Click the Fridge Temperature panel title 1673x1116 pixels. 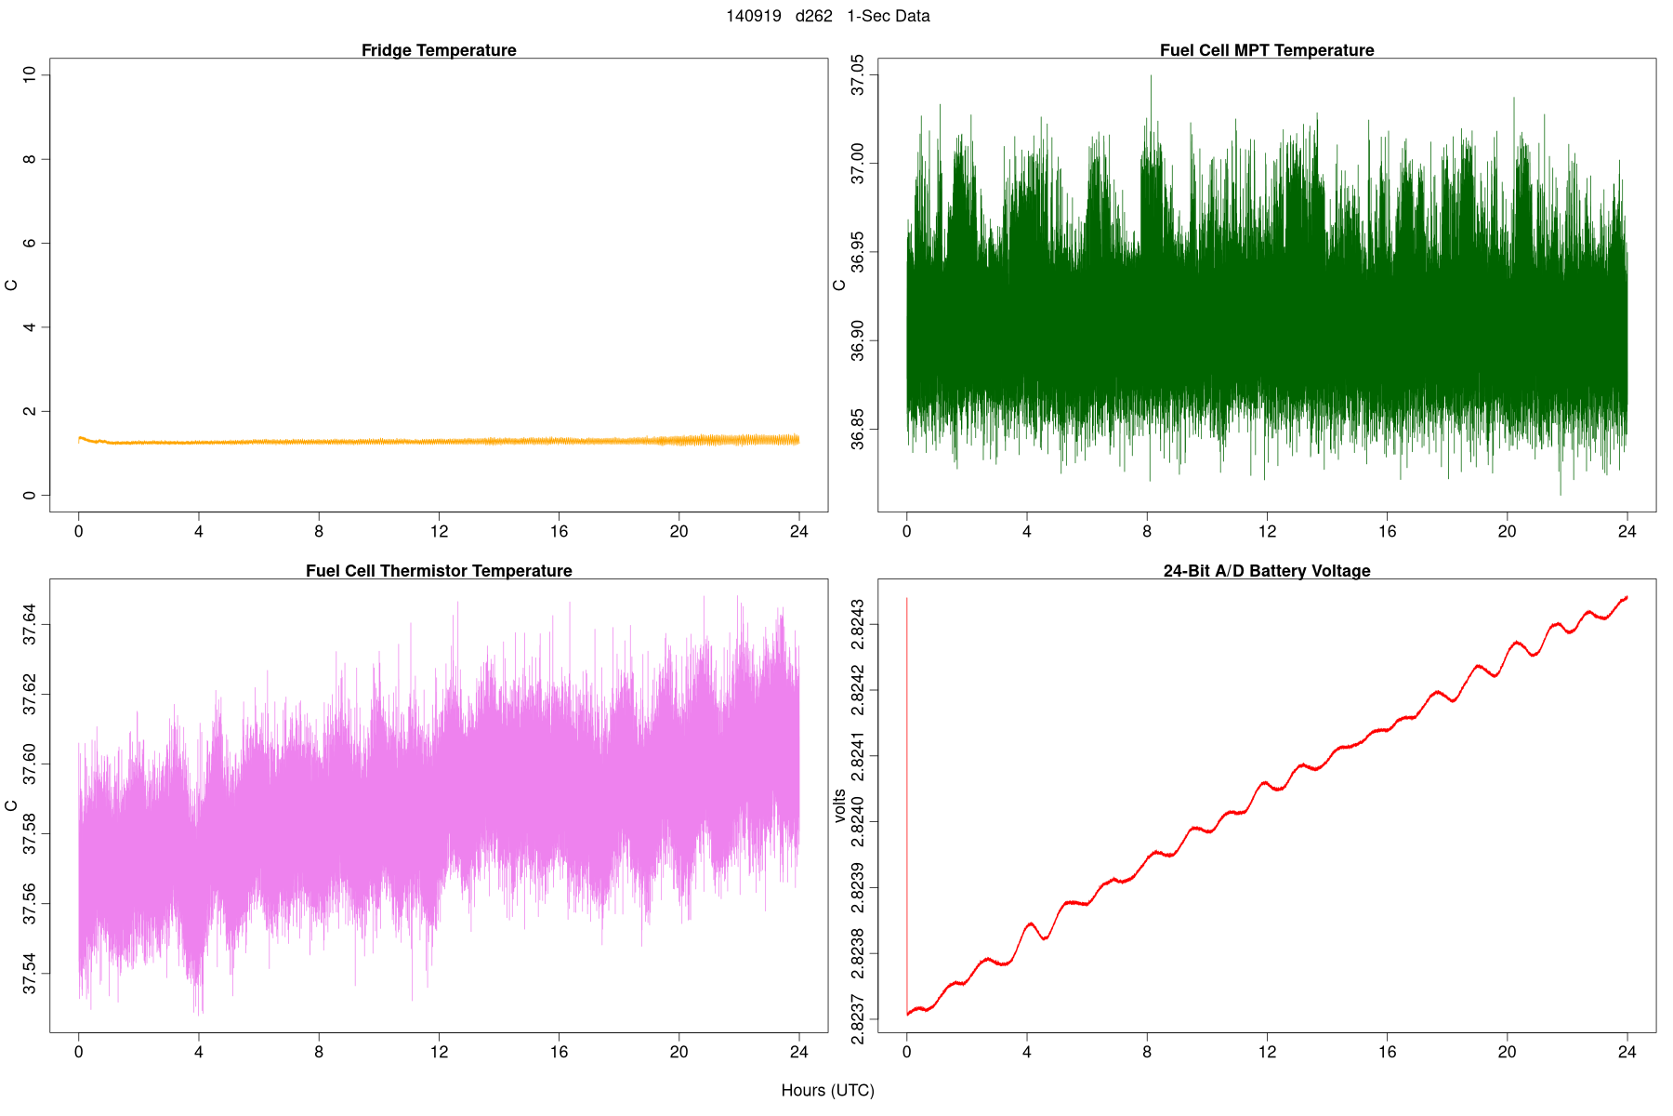coord(439,50)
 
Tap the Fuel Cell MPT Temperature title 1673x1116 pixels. coord(1266,50)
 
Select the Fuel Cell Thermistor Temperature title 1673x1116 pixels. coord(439,571)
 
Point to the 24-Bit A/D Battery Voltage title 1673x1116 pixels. coord(1266,571)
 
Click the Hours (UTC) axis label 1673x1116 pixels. coord(827,1090)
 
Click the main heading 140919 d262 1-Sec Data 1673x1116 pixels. coord(827,16)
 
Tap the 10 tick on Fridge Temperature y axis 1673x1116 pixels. coord(30,74)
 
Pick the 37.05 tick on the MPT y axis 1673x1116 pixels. coord(858,74)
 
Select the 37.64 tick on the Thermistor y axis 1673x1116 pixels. coord(30,624)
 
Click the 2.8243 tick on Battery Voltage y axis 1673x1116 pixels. coord(858,624)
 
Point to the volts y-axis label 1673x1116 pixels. coord(840,805)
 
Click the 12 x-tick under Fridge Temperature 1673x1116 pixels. coord(439,532)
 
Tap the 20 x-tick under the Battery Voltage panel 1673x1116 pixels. coord(1507,1053)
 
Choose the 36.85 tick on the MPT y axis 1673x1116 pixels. coord(858,430)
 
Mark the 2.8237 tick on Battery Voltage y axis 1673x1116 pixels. coord(858,1020)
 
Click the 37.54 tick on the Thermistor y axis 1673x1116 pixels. coord(30,973)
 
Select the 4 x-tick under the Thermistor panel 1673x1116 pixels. coord(198,1053)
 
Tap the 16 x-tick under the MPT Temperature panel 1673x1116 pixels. coord(1387,532)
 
